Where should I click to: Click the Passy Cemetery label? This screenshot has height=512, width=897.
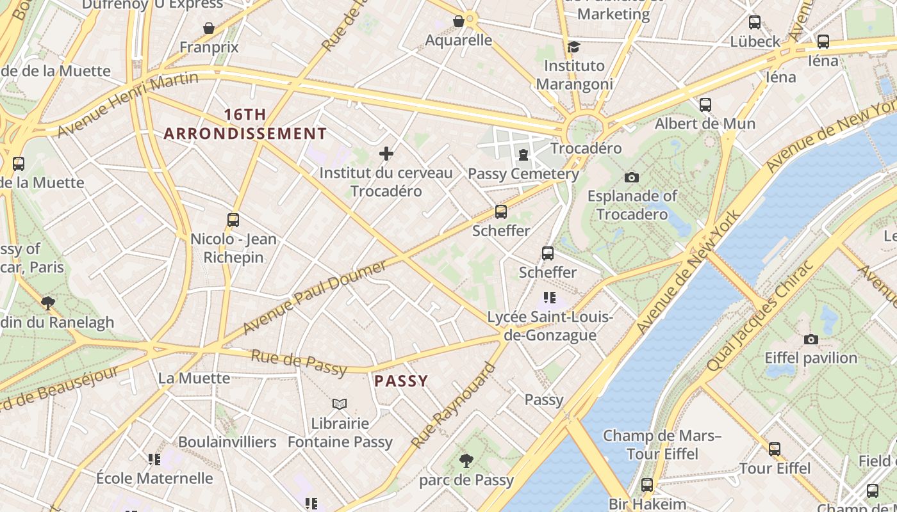pos(523,173)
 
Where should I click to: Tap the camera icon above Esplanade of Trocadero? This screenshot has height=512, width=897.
pos(632,177)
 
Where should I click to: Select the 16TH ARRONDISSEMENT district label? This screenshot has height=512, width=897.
pos(245,124)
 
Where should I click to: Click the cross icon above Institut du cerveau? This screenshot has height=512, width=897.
pos(386,154)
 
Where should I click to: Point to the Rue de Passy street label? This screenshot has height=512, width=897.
pos(299,362)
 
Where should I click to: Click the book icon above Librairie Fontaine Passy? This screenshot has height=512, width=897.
pos(340,404)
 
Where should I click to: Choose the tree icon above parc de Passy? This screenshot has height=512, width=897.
pos(466,460)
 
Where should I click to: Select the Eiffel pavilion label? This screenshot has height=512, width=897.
pos(811,358)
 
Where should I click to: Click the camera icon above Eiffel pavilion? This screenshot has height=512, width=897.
pos(811,339)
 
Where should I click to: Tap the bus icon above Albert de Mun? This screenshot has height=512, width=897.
pos(705,104)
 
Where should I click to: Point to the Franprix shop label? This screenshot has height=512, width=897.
pos(209,47)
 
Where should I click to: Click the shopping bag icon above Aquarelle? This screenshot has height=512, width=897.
pos(459,21)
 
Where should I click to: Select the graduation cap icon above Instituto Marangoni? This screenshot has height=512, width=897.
pos(574,47)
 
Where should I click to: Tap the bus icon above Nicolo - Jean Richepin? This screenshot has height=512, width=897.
pos(233,220)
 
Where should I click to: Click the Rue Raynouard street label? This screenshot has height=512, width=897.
pos(454,405)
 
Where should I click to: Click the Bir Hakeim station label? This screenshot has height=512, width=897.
pos(638,504)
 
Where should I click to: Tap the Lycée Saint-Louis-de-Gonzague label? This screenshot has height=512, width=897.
pos(550,326)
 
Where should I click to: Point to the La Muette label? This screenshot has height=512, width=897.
pos(194,378)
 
